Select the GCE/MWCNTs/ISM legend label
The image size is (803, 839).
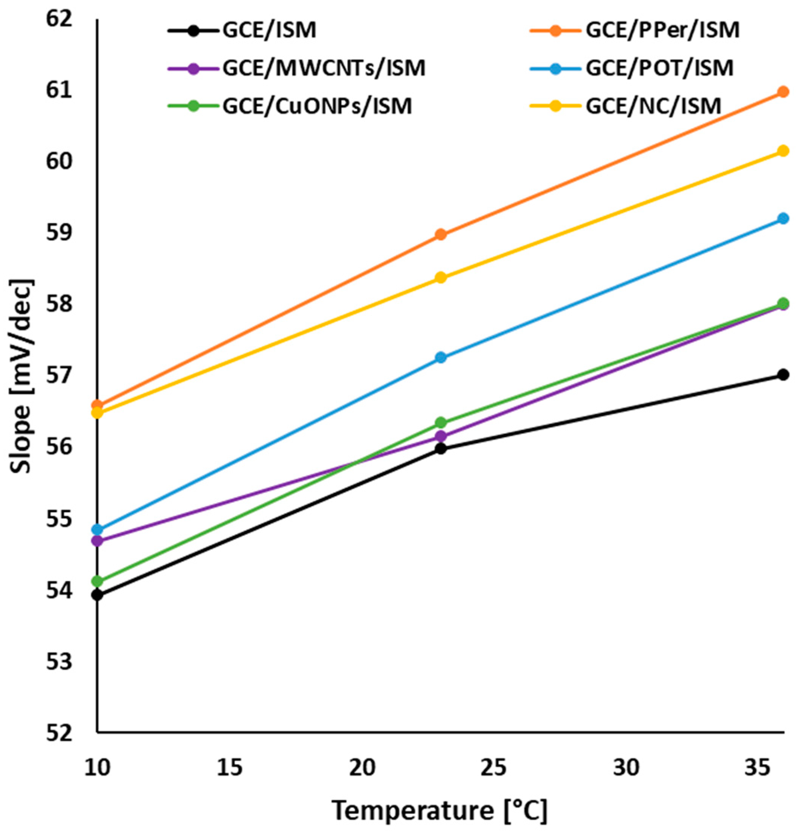tap(324, 68)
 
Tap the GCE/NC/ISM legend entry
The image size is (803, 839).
tap(653, 106)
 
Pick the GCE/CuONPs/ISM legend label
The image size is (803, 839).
tap(317, 106)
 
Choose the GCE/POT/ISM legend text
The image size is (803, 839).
tap(660, 68)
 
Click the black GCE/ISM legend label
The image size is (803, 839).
tap(269, 31)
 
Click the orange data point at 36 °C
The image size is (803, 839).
tap(783, 91)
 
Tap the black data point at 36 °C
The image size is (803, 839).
tap(783, 375)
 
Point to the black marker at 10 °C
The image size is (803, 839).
tap(98, 595)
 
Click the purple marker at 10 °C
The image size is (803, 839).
tap(98, 541)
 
